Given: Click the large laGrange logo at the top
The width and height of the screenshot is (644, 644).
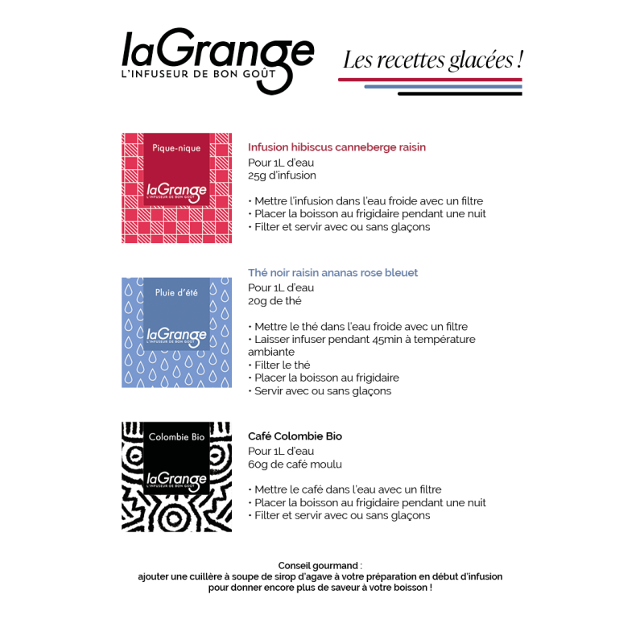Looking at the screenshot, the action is coord(217,61).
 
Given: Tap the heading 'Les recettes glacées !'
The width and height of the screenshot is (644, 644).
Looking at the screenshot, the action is coord(433,60).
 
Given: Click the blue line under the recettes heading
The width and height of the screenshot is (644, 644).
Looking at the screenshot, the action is coord(444,87).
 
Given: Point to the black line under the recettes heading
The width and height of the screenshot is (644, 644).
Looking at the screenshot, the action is coord(460,94).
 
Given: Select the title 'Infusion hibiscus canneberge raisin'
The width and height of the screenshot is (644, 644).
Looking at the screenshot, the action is coord(336,147).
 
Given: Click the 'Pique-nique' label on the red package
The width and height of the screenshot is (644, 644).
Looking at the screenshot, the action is coord(176,148).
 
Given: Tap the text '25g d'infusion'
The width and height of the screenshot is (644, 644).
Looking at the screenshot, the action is coord(283,175).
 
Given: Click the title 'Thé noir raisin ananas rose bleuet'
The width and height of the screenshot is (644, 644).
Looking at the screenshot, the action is coord(332,273).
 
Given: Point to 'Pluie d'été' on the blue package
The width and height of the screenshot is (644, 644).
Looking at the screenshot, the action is coord(176,292).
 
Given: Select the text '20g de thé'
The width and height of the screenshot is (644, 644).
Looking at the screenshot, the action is coord(275,301).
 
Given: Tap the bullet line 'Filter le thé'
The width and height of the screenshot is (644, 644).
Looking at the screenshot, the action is coord(279,365).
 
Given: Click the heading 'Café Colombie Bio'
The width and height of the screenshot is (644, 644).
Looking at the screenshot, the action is coord(295,436).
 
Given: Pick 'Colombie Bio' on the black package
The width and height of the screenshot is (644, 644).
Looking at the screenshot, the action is coord(176,437).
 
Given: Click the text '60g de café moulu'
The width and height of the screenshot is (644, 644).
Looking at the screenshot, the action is coord(295,464).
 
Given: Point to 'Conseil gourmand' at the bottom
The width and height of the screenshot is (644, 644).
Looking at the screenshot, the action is coord(318,566).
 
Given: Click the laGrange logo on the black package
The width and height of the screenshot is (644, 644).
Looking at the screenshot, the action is coord(176,481).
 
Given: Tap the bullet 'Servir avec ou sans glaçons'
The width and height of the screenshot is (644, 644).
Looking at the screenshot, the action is coord(320,391).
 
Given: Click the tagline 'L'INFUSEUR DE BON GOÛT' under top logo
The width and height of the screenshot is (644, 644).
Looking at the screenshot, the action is coord(199,74).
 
